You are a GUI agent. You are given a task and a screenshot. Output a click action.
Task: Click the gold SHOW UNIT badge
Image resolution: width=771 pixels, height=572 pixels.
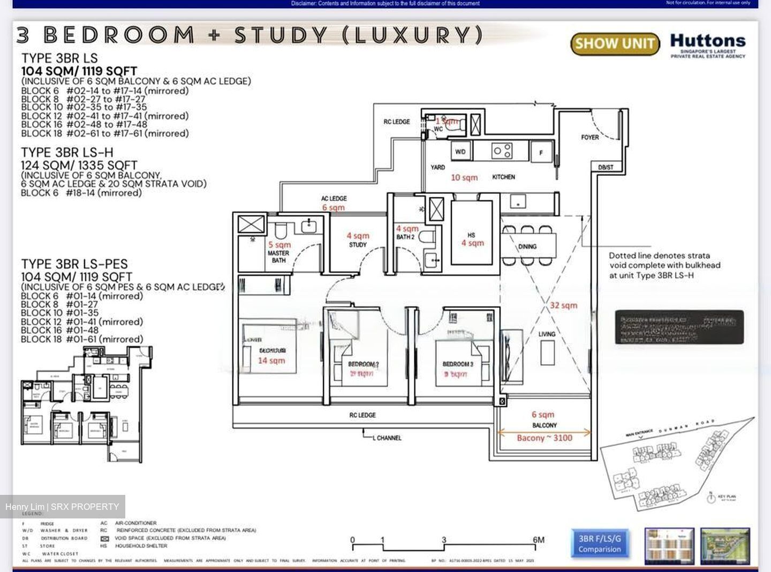[x=615, y=44]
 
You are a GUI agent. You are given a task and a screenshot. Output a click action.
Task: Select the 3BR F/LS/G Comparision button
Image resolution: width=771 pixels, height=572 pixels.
[x=599, y=543]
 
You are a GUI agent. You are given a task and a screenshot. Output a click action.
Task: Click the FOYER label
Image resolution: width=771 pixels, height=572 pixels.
[x=589, y=138]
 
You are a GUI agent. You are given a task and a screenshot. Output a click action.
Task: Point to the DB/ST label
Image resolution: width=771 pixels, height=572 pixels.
[x=606, y=168]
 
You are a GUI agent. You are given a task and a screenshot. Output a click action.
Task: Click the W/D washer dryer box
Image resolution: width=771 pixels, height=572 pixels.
[x=460, y=152]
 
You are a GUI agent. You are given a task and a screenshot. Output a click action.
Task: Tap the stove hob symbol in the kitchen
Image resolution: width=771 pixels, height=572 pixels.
[x=502, y=151]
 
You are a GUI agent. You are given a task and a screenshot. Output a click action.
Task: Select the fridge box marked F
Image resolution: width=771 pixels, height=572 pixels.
[x=541, y=153]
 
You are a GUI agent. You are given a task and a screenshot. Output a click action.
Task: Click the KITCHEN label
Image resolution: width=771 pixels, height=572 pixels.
[x=503, y=177]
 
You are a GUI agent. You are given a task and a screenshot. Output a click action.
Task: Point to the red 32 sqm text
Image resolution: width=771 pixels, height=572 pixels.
[x=564, y=305]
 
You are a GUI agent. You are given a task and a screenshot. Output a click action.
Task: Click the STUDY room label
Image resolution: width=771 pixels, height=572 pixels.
[x=358, y=245]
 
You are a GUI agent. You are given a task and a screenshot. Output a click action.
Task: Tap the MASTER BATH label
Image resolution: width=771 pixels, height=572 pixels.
[x=278, y=257]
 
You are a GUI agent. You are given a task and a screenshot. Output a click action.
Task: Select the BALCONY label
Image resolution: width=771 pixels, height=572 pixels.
[x=545, y=425]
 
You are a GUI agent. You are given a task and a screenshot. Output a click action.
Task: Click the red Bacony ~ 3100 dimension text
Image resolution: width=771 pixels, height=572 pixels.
[x=544, y=438]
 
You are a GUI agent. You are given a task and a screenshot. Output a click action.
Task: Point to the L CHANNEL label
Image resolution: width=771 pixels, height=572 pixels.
[x=388, y=438]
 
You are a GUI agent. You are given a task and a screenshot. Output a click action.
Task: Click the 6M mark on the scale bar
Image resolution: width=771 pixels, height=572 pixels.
[x=538, y=540]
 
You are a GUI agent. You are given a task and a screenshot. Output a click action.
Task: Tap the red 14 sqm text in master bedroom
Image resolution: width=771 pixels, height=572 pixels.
[x=271, y=360]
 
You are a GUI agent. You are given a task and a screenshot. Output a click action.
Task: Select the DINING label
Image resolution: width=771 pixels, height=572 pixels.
[x=527, y=247]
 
